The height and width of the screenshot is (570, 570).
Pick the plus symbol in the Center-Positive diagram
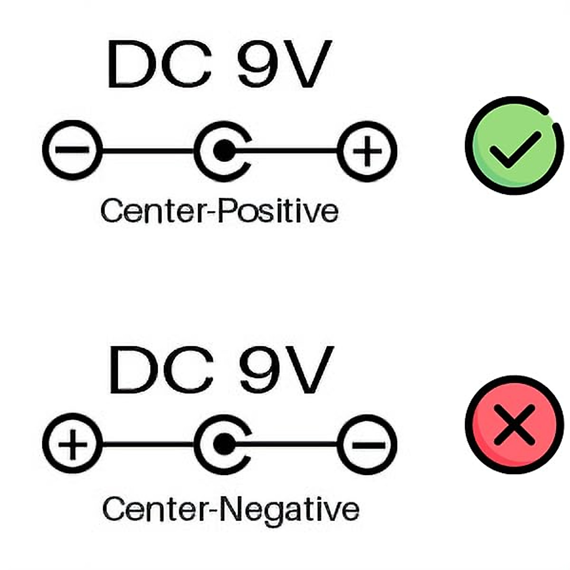(x=367, y=151)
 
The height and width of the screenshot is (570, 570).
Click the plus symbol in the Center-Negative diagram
(x=72, y=445)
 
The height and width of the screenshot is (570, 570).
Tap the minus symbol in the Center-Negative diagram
(x=367, y=445)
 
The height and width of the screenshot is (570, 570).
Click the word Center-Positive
(x=219, y=211)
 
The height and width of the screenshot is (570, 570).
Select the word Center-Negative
(x=231, y=509)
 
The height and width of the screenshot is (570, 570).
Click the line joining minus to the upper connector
(x=147, y=151)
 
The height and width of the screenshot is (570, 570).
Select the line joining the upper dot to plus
(x=290, y=151)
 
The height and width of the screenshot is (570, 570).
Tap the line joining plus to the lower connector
(x=147, y=445)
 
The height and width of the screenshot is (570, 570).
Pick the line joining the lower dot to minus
(x=290, y=445)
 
